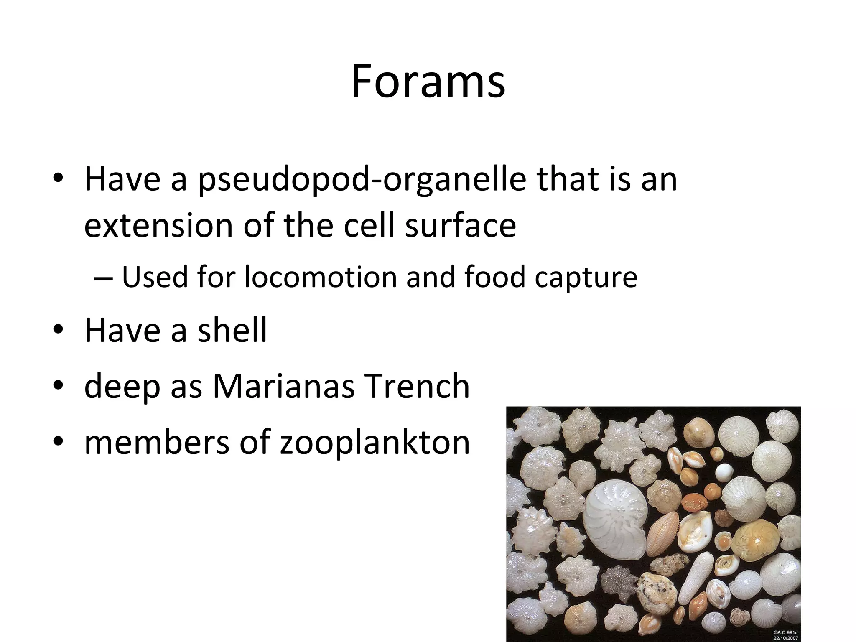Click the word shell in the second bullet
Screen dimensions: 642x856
[232, 330]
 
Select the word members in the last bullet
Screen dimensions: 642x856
[157, 442]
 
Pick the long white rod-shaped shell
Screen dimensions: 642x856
[693, 577]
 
